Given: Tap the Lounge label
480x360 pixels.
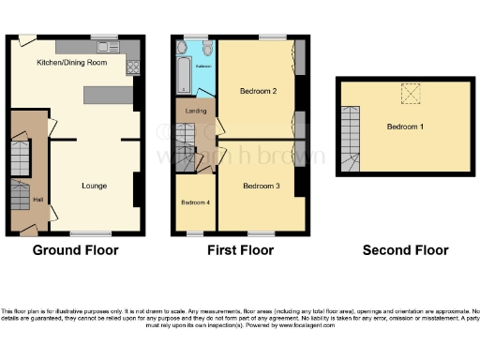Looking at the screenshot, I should (94, 186).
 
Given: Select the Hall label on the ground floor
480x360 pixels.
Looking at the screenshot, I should (37, 200).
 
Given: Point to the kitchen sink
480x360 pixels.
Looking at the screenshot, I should (104, 46).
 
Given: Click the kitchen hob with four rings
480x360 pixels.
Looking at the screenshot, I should (132, 67).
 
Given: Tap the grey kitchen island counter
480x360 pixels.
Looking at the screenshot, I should (108, 95).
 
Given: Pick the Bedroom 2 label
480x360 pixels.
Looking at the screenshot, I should (256, 92).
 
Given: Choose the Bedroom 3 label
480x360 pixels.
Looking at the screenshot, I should (261, 186).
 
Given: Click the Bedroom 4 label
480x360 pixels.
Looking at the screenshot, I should (194, 202).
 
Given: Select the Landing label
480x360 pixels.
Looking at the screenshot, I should (197, 112).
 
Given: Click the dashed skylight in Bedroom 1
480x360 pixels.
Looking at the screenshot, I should (411, 93).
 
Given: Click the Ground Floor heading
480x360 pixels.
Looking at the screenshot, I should (75, 250).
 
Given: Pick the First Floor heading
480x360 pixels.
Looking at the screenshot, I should (240, 250).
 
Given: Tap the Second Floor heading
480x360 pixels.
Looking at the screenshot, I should (405, 250).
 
